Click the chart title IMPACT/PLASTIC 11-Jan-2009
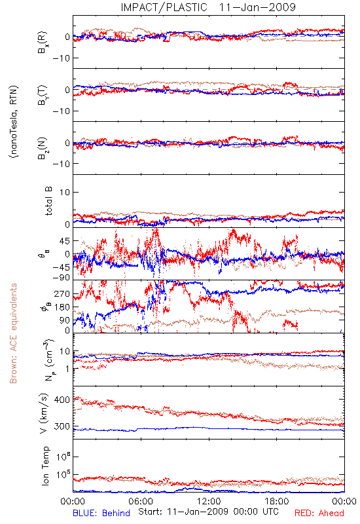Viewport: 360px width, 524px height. [208, 7]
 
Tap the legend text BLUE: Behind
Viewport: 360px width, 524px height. [101, 513]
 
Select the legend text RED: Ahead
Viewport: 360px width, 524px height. [319, 513]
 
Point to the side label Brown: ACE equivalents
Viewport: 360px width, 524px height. [13, 333]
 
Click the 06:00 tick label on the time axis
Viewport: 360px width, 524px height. [141, 501]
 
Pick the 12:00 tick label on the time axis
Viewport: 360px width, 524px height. [209, 501]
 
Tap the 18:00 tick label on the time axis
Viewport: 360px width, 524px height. [277, 501]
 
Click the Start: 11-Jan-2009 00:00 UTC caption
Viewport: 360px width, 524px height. [208, 512]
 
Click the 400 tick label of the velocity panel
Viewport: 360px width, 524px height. [62, 400]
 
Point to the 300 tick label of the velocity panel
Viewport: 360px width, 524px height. [62, 426]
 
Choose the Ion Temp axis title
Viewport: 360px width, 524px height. [45, 466]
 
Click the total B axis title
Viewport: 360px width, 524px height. [48, 201]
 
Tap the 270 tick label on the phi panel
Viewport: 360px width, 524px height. [62, 293]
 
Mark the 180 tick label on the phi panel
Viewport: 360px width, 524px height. [62, 307]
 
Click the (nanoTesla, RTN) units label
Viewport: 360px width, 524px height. [14, 122]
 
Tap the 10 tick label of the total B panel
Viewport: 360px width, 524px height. [65, 193]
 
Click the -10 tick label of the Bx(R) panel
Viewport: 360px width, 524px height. [61, 58]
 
